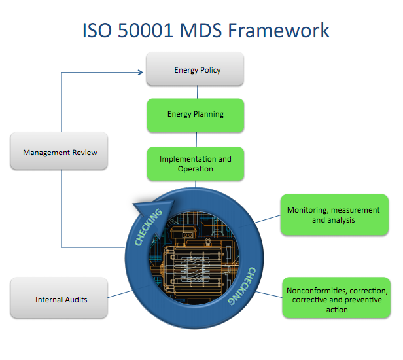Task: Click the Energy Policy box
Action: (195, 69)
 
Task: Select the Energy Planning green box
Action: (195, 114)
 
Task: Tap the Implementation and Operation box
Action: (195, 164)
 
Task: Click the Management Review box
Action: (60, 153)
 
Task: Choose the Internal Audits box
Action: (60, 300)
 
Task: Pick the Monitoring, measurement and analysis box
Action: (334, 215)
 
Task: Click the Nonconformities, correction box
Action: (338, 299)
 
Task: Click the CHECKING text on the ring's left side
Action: (148, 229)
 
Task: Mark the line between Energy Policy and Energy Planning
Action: (196, 92)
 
